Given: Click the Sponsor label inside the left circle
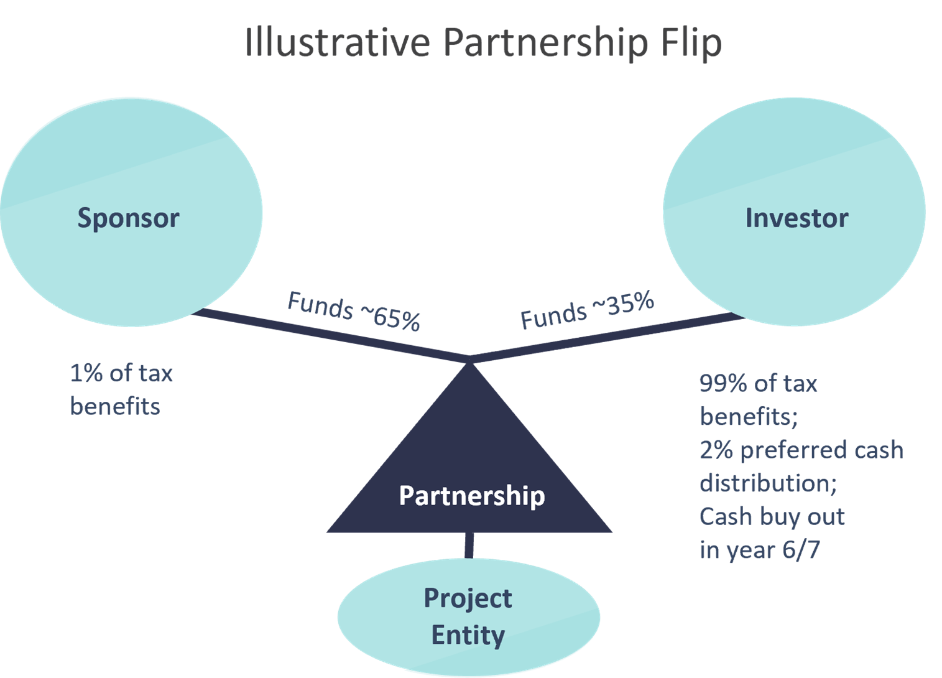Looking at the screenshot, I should (x=128, y=218).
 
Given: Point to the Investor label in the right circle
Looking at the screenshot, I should (x=797, y=218).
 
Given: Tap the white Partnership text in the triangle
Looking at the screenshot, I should (x=471, y=496).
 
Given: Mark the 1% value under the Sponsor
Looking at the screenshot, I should (x=85, y=373).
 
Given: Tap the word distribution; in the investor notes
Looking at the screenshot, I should (x=768, y=483).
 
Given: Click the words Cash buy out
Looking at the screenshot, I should (x=772, y=517).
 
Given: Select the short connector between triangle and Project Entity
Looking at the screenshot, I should (x=469, y=546).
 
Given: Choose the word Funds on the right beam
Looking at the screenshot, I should (x=553, y=316).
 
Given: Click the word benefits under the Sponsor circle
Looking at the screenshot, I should (x=115, y=406).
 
